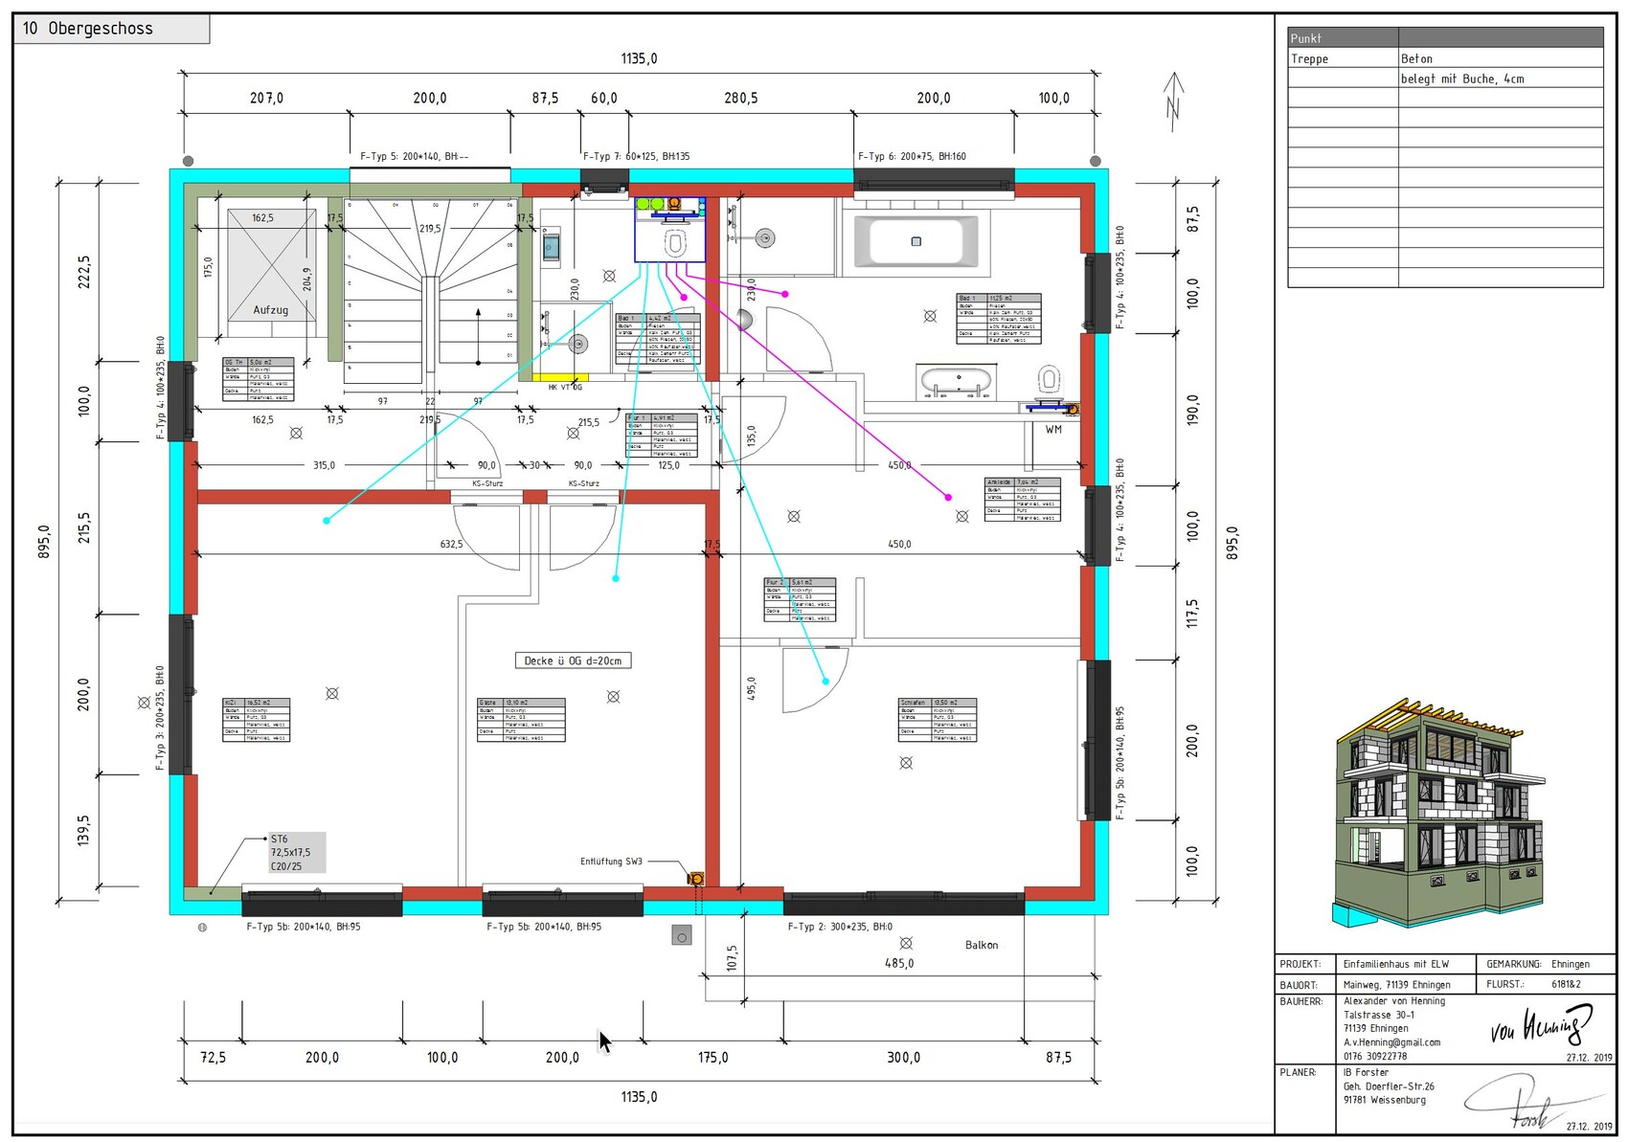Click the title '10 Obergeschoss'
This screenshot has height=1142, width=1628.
(x=88, y=29)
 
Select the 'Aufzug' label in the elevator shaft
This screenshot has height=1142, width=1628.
(x=270, y=309)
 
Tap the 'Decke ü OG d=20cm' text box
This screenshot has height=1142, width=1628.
(x=573, y=661)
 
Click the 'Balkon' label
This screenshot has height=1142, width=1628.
(x=981, y=945)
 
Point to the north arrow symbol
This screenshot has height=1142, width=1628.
(x=1173, y=96)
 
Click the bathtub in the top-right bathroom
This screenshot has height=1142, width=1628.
(x=916, y=241)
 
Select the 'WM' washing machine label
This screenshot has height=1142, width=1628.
(x=1053, y=430)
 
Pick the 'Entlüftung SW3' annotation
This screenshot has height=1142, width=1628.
(x=611, y=862)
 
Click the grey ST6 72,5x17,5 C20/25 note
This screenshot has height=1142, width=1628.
(x=295, y=852)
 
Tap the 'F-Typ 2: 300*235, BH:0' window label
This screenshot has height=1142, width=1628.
(x=840, y=927)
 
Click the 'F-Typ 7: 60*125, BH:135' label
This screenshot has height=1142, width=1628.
(x=636, y=156)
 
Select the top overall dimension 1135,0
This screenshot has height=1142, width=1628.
(x=639, y=58)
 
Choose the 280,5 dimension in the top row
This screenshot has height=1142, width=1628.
(x=740, y=98)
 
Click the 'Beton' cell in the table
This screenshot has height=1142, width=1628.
(x=1416, y=58)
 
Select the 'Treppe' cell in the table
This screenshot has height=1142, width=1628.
(x=1309, y=58)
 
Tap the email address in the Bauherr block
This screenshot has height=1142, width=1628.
(x=1391, y=1042)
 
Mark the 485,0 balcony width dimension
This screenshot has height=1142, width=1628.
(x=898, y=963)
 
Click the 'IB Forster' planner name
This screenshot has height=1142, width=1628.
(x=1365, y=1072)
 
